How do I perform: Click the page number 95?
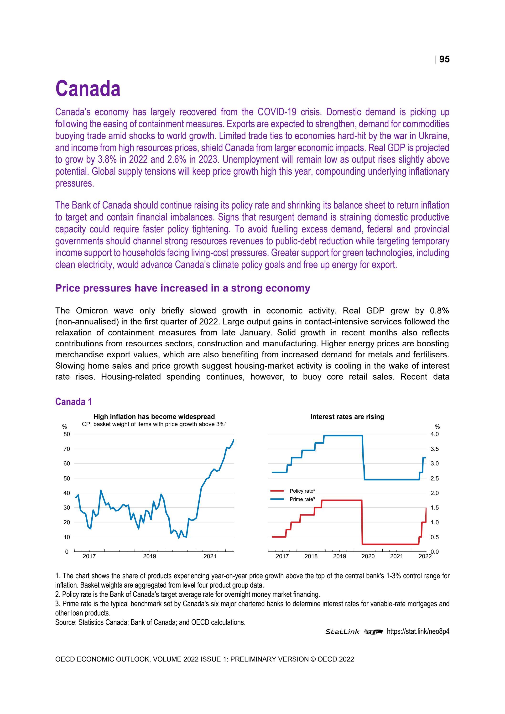444,59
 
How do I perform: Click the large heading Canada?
88,89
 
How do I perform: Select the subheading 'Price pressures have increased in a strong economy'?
182,288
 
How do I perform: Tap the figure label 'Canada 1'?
74,402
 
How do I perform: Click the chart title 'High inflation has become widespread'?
154,417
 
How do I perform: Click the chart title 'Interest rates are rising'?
347,417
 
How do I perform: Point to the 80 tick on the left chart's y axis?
67,434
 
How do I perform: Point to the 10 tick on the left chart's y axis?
67,537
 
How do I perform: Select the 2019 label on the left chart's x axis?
150,556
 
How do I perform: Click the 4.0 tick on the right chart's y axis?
434,434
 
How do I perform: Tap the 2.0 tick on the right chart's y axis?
434,493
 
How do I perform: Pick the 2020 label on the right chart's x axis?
368,556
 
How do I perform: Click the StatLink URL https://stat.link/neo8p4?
418,632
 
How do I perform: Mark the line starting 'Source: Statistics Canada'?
150,622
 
